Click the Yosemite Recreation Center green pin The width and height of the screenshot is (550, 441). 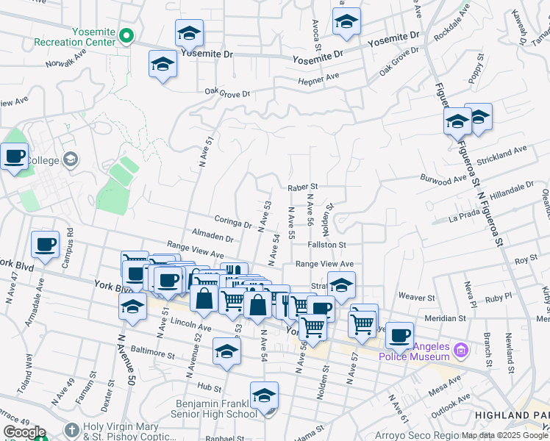click(x=126, y=35)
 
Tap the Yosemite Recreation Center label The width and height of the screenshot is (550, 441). click(x=93, y=37)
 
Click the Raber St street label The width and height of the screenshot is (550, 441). click(x=302, y=187)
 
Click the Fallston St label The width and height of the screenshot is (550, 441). click(x=327, y=244)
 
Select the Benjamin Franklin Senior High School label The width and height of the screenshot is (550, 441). click(x=216, y=409)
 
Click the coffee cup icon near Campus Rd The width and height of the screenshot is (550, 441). click(x=45, y=245)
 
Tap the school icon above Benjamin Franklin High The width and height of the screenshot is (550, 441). click(x=264, y=395)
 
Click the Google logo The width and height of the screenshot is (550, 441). click(x=24, y=432)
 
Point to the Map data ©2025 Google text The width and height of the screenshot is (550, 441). click(x=504, y=436)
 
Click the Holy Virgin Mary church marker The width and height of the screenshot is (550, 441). click(x=71, y=429)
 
